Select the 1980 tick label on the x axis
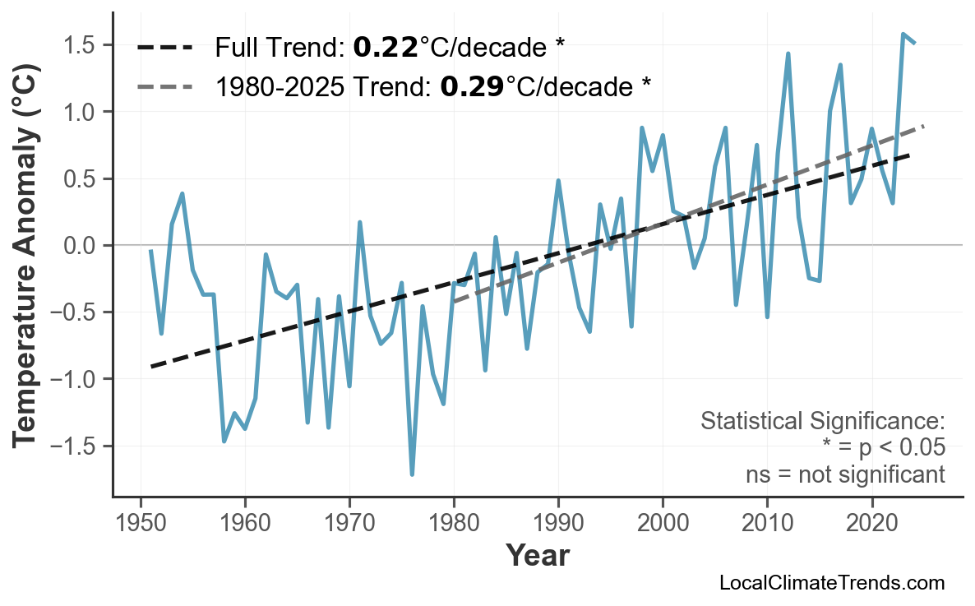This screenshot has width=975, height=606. point(454,524)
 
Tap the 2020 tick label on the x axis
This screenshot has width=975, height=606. point(871,524)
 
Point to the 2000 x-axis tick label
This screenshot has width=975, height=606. point(663,524)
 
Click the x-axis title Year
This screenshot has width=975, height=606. point(537,557)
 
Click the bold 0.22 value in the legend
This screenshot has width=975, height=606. point(385,48)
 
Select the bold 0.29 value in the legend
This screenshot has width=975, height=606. point(472,86)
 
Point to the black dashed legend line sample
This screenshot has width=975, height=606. point(164,48)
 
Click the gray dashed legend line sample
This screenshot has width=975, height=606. point(164,86)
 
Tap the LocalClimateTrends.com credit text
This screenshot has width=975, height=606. point(831,583)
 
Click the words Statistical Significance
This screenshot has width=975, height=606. point(822,422)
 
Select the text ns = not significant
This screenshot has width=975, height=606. point(845,474)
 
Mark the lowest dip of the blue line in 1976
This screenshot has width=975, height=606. point(412,474)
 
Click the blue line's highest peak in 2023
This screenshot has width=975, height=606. point(903,35)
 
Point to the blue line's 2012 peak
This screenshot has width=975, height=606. point(788,53)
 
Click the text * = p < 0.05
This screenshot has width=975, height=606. point(883,448)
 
